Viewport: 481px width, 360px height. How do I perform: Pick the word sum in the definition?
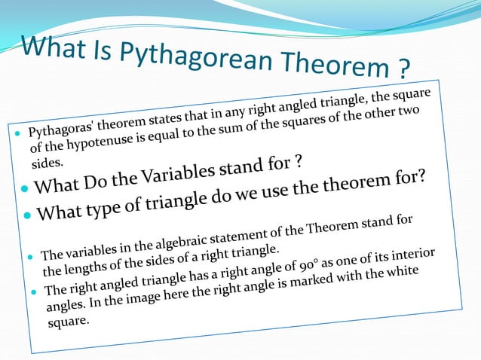click(x=239, y=122)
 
